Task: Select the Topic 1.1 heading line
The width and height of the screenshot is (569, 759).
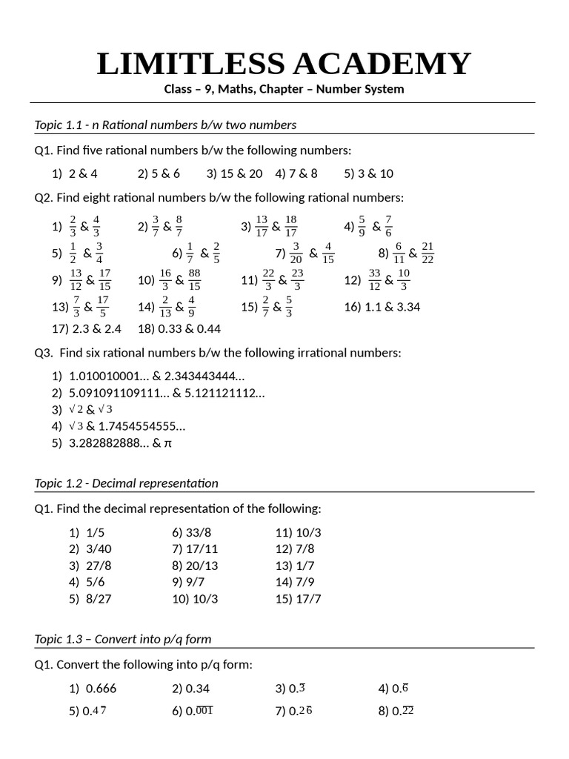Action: click(x=165, y=125)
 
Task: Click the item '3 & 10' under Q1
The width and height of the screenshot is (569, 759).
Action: click(x=375, y=173)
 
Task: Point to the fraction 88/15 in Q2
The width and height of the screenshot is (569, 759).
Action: click(x=195, y=280)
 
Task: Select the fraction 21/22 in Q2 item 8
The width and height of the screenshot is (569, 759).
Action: click(x=427, y=253)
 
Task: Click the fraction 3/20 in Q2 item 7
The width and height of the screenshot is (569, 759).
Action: click(x=296, y=253)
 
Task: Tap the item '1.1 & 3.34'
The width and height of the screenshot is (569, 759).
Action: click(x=392, y=307)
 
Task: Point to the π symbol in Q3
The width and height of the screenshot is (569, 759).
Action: click(x=167, y=443)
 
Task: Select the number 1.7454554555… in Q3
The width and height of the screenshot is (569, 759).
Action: click(x=142, y=426)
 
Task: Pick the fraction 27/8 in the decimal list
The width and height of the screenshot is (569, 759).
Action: click(x=99, y=566)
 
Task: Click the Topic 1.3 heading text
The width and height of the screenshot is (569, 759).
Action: click(x=123, y=639)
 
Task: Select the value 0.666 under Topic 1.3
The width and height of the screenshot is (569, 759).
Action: click(x=101, y=689)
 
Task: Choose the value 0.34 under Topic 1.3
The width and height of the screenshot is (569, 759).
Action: click(x=197, y=689)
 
